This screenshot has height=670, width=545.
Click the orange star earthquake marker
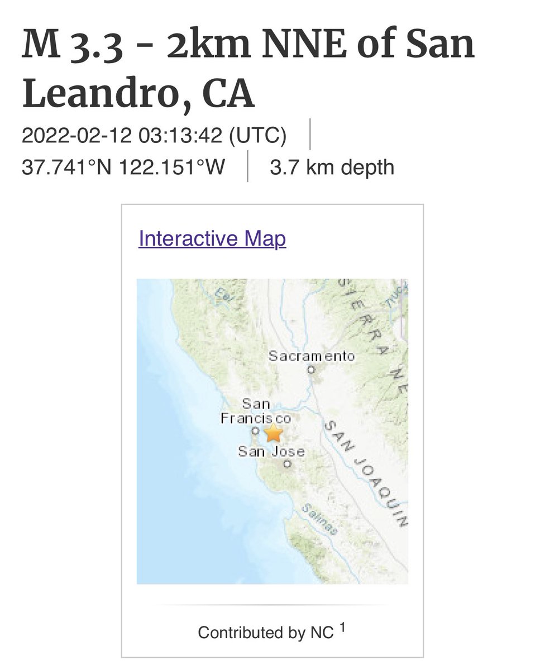coord(273,433)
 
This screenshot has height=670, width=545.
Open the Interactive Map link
coord(212,238)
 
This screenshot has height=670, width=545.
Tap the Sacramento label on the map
coord(311,356)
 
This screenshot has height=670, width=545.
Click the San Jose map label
coord(271,451)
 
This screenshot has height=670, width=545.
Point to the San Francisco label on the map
coord(256,411)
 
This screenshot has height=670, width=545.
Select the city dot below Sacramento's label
coord(312,369)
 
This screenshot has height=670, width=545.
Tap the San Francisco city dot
coord(255,431)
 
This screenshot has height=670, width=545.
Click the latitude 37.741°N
coord(68,167)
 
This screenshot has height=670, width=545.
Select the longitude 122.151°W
coord(172,167)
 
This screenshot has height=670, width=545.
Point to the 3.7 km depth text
coord(332,167)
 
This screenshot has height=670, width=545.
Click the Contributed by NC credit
coord(266,633)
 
